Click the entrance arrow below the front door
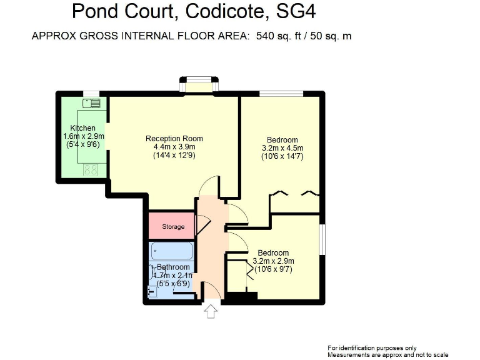click(x=211, y=311)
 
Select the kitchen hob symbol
click(x=89, y=168)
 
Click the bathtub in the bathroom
click(x=172, y=251)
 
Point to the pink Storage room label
click(x=173, y=226)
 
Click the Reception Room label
click(x=174, y=139)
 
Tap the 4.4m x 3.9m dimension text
click(x=174, y=147)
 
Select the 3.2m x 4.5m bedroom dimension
click(x=282, y=148)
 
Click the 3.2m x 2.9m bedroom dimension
click(x=273, y=261)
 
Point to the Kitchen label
click(x=83, y=128)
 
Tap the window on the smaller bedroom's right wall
click(x=323, y=239)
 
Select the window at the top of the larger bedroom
click(x=281, y=94)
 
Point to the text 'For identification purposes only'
click(x=372, y=347)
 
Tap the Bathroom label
click(x=173, y=267)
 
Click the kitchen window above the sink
click(x=91, y=94)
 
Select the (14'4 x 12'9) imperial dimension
click(x=174, y=156)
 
